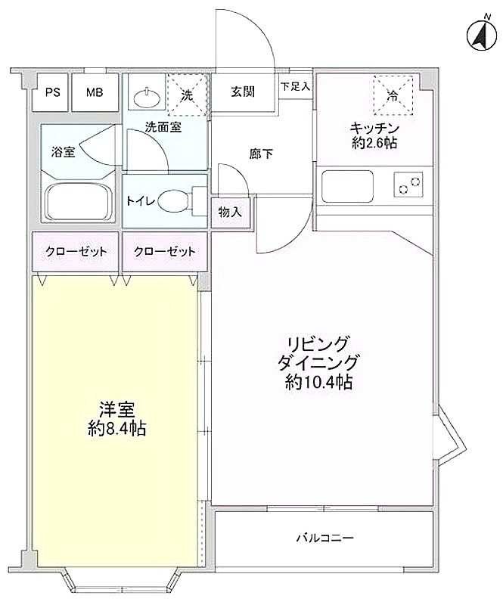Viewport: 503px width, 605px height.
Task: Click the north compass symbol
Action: [481, 34]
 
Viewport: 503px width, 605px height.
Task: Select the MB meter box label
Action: [95, 92]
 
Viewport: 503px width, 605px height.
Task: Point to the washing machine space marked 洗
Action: [188, 95]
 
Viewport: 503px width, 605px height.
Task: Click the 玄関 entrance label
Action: [243, 92]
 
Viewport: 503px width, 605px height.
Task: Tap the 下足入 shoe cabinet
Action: [295, 86]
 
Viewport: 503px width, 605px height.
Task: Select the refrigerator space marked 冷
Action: [393, 95]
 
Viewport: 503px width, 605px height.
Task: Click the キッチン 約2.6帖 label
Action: [374, 135]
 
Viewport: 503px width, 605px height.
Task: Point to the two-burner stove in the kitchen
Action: [408, 185]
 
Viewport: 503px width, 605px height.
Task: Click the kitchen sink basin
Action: [348, 185]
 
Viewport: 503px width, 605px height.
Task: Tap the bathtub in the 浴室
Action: [79, 203]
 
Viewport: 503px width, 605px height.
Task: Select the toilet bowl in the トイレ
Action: [173, 201]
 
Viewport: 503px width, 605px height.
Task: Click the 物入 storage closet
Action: [230, 212]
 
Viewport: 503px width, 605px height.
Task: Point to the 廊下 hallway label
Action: [262, 154]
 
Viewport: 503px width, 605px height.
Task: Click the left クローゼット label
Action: [76, 252]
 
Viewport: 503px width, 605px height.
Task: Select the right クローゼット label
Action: [165, 252]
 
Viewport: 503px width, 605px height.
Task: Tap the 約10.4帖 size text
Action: [318, 382]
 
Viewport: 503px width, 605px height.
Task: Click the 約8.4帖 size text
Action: [116, 428]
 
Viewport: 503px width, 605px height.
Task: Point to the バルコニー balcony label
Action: [324, 538]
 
